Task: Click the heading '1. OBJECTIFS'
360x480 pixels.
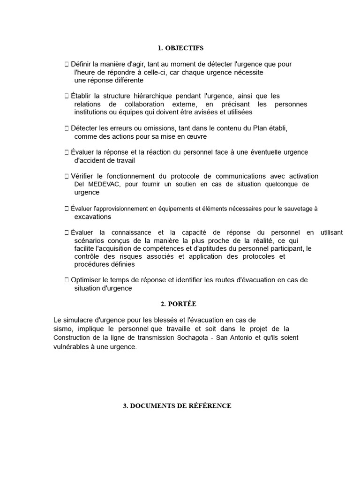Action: click(x=180, y=48)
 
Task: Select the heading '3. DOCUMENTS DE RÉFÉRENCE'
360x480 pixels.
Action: click(x=177, y=406)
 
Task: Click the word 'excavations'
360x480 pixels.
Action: click(x=93, y=217)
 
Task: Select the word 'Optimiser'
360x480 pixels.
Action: click(x=87, y=280)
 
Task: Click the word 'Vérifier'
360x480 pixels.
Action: click(x=83, y=176)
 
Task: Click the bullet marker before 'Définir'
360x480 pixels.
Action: click(x=67, y=64)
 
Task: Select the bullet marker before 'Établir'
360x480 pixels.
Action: click(x=67, y=96)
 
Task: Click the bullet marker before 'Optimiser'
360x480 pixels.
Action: click(x=67, y=280)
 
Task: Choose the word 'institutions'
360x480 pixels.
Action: click(x=92, y=112)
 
